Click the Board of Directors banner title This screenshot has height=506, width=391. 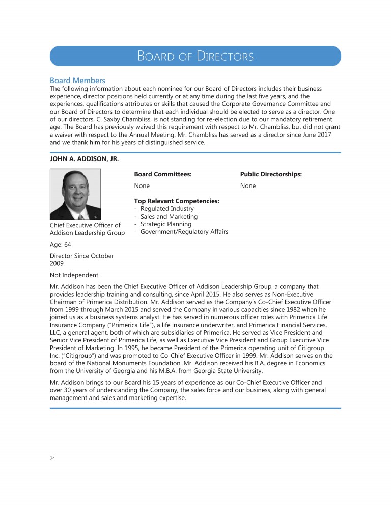click(195, 56)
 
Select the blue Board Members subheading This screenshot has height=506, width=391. click(77, 81)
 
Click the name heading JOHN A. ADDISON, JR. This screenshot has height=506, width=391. click(84, 159)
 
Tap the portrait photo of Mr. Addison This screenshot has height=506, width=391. click(75, 194)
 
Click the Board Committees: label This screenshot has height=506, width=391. click(162, 174)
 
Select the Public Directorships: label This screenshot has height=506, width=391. click(271, 174)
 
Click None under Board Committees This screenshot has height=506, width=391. click(142, 186)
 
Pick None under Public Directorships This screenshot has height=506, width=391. click(248, 186)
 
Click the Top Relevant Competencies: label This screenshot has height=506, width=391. click(176, 201)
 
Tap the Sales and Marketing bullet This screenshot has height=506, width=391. click(169, 217)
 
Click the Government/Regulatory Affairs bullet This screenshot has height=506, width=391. click(184, 232)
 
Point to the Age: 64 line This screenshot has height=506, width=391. click(60, 244)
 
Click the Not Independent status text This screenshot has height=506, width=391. click(74, 275)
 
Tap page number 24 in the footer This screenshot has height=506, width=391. click(52, 458)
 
